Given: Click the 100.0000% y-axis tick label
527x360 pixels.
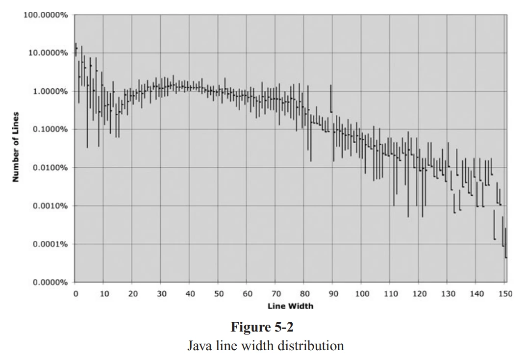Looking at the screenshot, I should click(46, 15).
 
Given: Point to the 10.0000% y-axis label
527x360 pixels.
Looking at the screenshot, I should click(48, 53).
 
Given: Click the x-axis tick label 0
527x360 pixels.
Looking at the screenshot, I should click(75, 294).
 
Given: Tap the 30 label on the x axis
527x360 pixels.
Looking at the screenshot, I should click(161, 294).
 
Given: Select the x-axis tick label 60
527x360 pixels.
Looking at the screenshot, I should click(248, 294).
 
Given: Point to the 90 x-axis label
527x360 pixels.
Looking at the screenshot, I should click(333, 294).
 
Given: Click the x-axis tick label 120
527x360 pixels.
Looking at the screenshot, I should click(419, 294).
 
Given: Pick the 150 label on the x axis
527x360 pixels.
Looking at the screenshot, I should click(505, 294).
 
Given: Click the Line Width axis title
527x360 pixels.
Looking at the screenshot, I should click(290, 306).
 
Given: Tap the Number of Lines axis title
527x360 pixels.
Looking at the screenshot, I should click(16, 147).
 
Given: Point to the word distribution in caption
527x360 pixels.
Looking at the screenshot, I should click(312, 345).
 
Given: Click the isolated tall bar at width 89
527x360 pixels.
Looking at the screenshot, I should click(331, 98).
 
